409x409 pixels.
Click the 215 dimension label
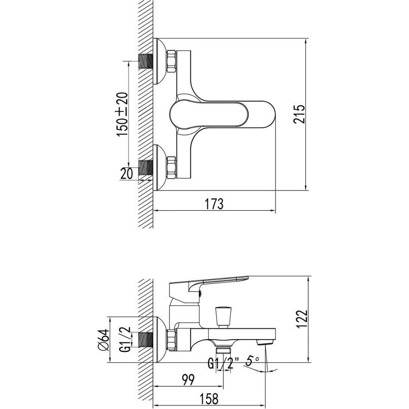coord(299,114)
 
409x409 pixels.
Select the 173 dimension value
coord(214,204)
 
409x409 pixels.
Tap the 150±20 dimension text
coord(122,114)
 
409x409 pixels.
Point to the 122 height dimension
coord(302,319)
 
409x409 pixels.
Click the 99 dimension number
coord(188,380)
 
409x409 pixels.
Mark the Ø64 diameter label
coord(103,340)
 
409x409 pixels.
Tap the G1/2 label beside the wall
coord(126,340)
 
